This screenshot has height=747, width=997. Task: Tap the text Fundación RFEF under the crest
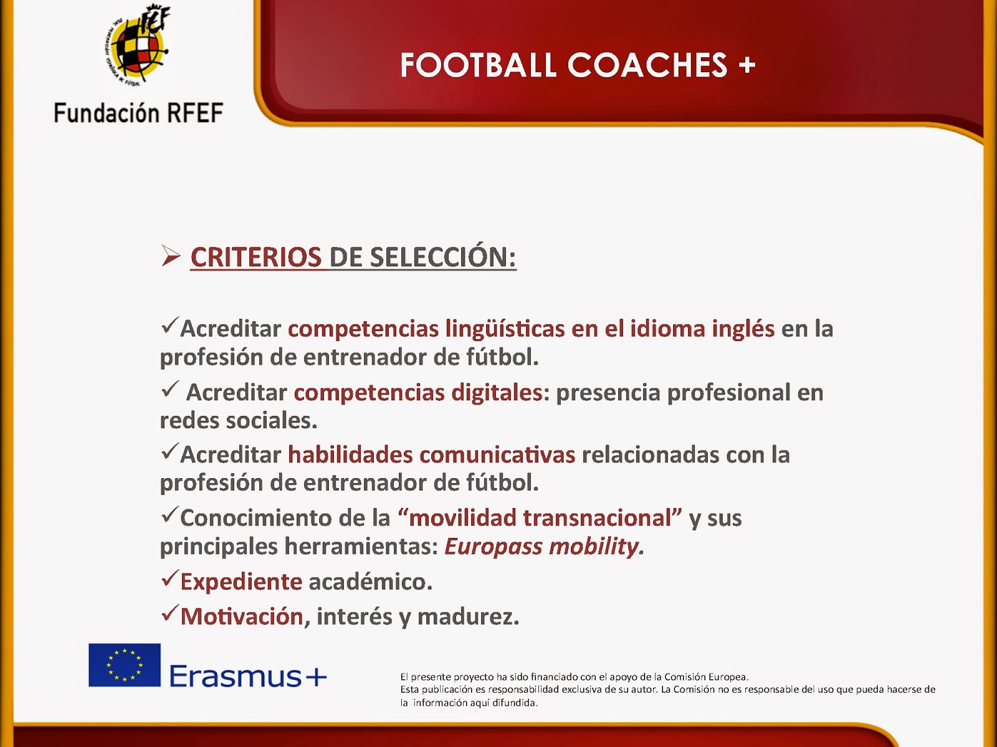138,113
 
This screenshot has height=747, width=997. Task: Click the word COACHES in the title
647,65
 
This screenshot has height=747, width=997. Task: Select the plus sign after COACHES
747,65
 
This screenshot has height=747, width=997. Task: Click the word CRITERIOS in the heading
256,257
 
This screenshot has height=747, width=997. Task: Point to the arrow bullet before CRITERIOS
170,256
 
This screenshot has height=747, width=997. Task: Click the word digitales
497,392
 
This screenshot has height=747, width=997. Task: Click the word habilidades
350,454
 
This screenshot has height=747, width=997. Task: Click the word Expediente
241,582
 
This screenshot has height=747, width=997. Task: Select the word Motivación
242,616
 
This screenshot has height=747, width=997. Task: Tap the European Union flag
125,665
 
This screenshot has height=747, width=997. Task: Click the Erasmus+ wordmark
248,676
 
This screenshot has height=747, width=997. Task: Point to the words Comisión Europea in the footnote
706,677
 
